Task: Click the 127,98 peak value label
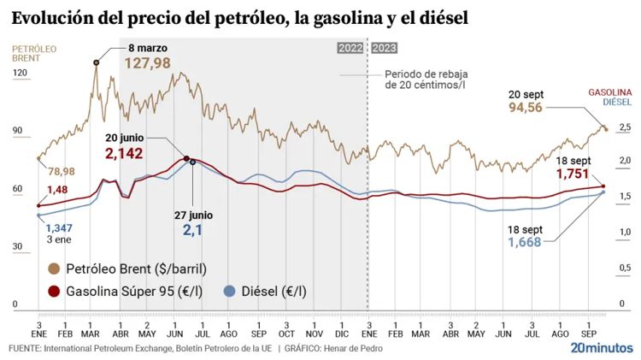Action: (147, 63)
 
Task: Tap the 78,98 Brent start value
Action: (62, 171)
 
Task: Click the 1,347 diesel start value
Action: (59, 227)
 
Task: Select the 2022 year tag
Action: (350, 49)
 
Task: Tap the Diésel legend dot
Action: (229, 292)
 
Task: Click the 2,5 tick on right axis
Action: (625, 127)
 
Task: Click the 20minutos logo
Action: (602, 348)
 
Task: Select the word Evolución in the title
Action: (55, 16)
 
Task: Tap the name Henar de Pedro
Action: (353, 349)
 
